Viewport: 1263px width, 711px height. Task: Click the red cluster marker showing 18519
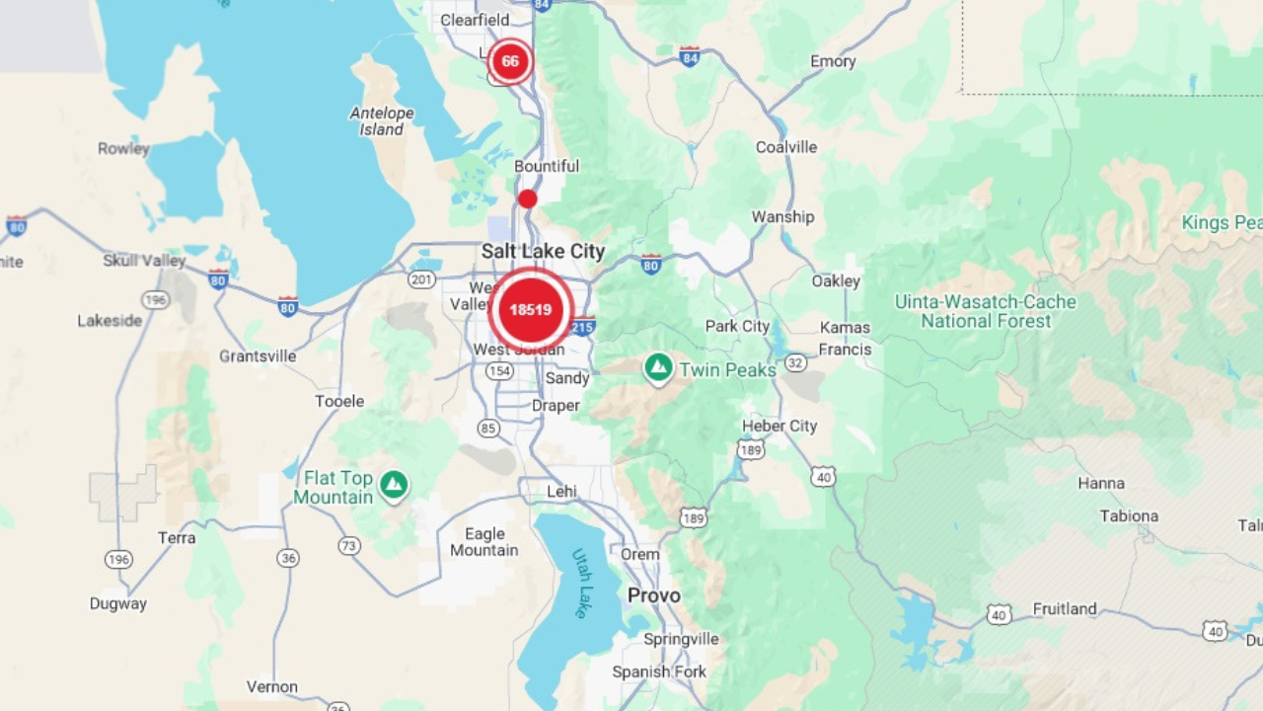pyautogui.click(x=531, y=309)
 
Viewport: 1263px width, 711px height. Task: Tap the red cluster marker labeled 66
pyautogui.click(x=509, y=61)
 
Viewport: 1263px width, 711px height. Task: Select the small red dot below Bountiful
pyautogui.click(x=528, y=198)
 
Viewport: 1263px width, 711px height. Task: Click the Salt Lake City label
pyautogui.click(x=543, y=252)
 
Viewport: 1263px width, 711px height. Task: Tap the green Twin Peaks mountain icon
pyautogui.click(x=658, y=368)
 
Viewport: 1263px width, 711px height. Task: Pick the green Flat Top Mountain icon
pyautogui.click(x=395, y=484)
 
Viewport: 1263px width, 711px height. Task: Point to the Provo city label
pyautogui.click(x=654, y=595)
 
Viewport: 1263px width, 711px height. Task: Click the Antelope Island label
pyautogui.click(x=382, y=121)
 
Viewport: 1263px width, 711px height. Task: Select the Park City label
pyautogui.click(x=737, y=326)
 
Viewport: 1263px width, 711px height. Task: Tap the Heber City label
pyautogui.click(x=780, y=426)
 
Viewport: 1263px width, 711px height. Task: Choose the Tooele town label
pyautogui.click(x=339, y=401)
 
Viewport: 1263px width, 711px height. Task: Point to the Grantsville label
pyautogui.click(x=258, y=355)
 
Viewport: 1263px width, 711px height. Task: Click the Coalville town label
pyautogui.click(x=786, y=147)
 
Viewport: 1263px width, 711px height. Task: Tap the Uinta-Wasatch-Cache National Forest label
pyautogui.click(x=985, y=311)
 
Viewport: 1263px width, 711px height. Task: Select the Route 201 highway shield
pyautogui.click(x=421, y=279)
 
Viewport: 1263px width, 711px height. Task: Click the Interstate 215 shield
pyautogui.click(x=583, y=326)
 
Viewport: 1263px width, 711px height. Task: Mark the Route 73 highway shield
pyautogui.click(x=348, y=545)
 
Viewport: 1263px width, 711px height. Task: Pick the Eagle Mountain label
pyautogui.click(x=484, y=542)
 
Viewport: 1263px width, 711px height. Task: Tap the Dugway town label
pyautogui.click(x=117, y=603)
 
